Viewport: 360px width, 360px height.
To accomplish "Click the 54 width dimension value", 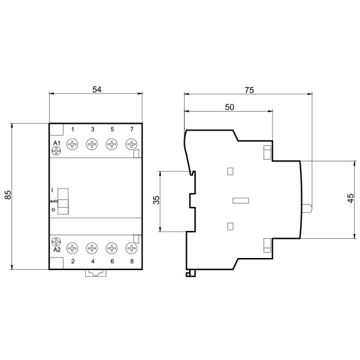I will [x=96, y=89].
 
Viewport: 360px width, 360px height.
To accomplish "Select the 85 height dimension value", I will [x=8, y=196].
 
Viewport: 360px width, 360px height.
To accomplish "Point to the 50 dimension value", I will [x=229, y=107].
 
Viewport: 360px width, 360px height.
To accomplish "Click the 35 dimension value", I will [x=156, y=200].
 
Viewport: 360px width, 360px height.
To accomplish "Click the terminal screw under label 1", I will [x=73, y=144].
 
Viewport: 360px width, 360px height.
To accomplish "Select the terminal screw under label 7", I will [x=131, y=144].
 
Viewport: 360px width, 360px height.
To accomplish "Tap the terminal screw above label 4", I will [x=92, y=247].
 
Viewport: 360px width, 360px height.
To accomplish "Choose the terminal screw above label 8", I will [x=131, y=247].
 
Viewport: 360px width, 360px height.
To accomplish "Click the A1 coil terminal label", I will [x=56, y=142].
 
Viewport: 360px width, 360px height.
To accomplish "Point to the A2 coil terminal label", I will [x=56, y=250].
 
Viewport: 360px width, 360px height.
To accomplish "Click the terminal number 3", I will [x=92, y=130].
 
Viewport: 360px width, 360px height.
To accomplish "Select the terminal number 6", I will [x=112, y=262].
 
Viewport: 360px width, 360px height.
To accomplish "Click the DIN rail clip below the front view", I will [x=96, y=274].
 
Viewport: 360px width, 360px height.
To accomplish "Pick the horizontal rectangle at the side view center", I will [x=240, y=200].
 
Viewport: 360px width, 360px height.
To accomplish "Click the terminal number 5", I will [x=112, y=130].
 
